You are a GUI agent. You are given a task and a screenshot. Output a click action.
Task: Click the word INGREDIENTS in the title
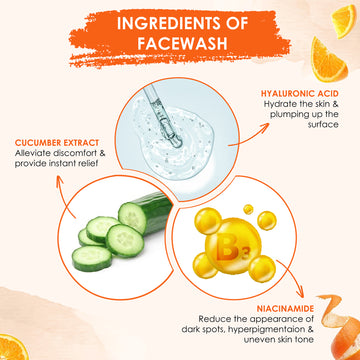pos(170,23)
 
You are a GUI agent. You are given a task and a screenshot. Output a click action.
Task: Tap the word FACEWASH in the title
pos(183,44)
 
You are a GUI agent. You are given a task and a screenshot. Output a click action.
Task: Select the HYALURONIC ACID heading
pos(300,94)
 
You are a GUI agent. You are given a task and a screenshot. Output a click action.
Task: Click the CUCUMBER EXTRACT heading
pos(57,143)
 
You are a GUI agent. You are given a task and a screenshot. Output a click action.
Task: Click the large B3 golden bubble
pos(233,246)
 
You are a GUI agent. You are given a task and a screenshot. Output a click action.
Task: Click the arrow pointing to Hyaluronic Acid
pos(249,135)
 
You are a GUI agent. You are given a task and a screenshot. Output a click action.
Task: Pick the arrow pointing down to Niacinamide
pos(293,278)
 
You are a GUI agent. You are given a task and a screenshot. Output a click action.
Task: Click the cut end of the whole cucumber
pos(132,219)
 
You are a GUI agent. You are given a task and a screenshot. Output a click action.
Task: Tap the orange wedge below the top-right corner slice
pos(328,62)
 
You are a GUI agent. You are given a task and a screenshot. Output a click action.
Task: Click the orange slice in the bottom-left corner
pos(13,347)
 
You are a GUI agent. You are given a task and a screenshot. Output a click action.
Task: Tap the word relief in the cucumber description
pos(91,164)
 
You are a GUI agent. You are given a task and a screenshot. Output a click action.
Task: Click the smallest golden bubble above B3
pos(248,209)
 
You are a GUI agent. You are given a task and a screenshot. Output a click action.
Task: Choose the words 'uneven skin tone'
pos(278,340)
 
